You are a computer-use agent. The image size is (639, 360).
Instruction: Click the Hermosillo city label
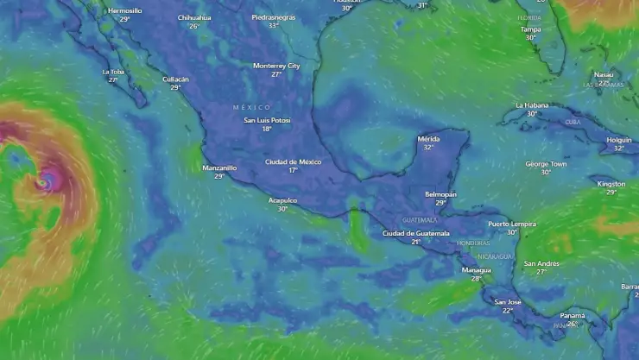(x=125, y=10)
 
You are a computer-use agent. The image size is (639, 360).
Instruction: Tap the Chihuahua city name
(x=194, y=17)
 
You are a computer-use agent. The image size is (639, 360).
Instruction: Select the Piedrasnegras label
(x=273, y=16)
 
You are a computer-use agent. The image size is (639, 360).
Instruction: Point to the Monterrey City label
(x=276, y=66)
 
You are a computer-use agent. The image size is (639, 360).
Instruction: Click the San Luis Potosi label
(x=267, y=120)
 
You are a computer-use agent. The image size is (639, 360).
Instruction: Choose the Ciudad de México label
(x=293, y=161)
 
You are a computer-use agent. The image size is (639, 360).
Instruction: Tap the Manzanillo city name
(x=219, y=167)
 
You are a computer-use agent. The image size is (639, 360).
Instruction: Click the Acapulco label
(x=282, y=200)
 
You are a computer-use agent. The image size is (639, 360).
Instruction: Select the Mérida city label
(x=428, y=138)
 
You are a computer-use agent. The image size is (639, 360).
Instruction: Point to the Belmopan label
(x=440, y=194)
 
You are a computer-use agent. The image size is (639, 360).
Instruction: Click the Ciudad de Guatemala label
(x=416, y=233)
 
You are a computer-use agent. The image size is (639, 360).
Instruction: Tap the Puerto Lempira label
(x=512, y=224)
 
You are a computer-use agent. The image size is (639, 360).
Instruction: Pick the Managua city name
(x=476, y=269)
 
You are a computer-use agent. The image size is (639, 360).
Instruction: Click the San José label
(x=507, y=301)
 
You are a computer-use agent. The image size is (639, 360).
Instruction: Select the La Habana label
(x=532, y=105)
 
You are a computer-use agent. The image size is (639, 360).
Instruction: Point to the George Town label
(x=546, y=163)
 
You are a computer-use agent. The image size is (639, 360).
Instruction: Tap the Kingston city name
(x=611, y=184)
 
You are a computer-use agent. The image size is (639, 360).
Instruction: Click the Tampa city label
(x=531, y=29)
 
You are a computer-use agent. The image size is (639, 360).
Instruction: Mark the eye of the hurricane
(x=43, y=182)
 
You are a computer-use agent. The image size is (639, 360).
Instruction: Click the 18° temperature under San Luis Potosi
(x=267, y=129)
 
